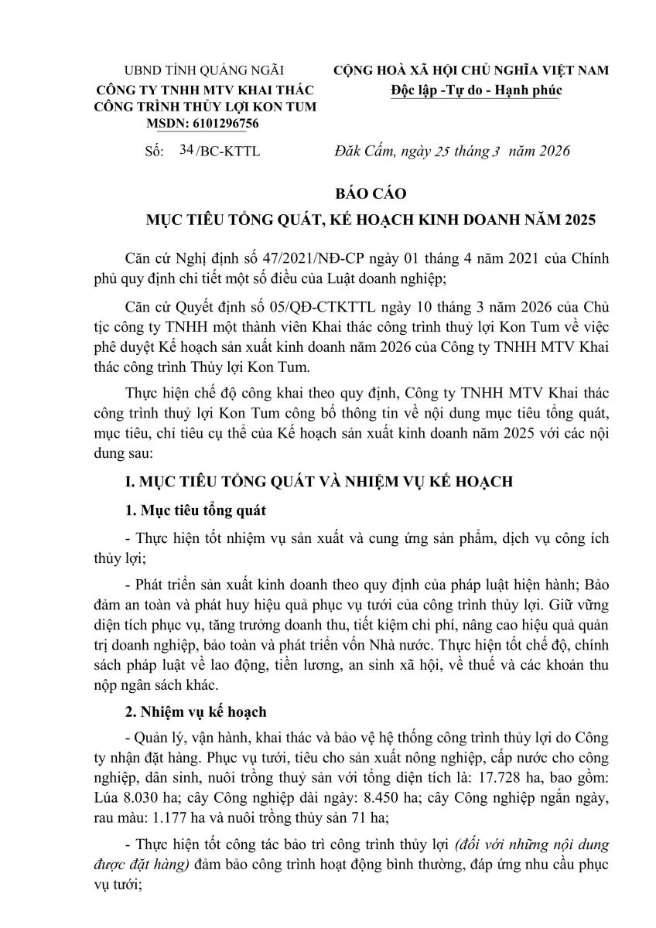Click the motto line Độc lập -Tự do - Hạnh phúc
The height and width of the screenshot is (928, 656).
pyautogui.click(x=475, y=90)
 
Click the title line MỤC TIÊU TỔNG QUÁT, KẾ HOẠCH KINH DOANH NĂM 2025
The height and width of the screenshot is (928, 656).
pyautogui.click(x=371, y=220)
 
